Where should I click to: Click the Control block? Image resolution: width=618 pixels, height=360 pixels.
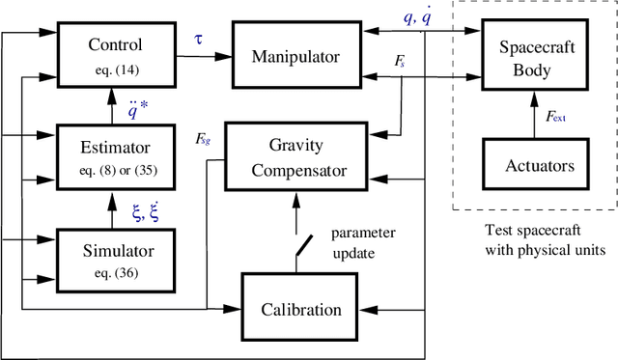115,53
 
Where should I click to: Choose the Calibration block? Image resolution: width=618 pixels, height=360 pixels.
301,309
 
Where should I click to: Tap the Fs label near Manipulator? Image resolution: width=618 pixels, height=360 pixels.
399,59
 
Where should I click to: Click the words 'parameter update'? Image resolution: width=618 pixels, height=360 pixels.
364,242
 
